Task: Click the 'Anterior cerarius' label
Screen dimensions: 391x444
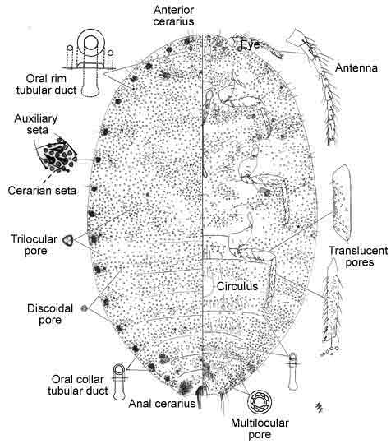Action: (173, 16)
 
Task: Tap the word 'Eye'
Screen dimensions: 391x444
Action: (250, 44)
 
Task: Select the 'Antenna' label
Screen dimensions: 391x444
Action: (356, 68)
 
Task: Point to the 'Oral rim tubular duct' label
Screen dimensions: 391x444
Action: (46, 84)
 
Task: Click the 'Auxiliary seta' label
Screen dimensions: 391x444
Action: (36, 124)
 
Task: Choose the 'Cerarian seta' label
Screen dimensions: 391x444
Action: (42, 190)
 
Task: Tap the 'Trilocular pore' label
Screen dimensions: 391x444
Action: (34, 245)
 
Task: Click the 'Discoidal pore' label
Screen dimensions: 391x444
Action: (50, 314)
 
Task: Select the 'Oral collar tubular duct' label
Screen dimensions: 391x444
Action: (78, 385)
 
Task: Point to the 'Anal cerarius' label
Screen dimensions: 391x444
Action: (162, 404)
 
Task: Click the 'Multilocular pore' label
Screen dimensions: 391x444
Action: (260, 428)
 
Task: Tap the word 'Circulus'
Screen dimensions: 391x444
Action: (237, 286)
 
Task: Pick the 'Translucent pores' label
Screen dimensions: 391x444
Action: (358, 257)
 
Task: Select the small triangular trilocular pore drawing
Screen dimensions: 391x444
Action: (68, 241)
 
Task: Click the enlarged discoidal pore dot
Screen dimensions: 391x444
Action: (84, 308)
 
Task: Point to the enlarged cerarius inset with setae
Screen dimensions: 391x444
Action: (57, 155)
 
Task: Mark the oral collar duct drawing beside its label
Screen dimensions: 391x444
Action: (119, 382)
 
